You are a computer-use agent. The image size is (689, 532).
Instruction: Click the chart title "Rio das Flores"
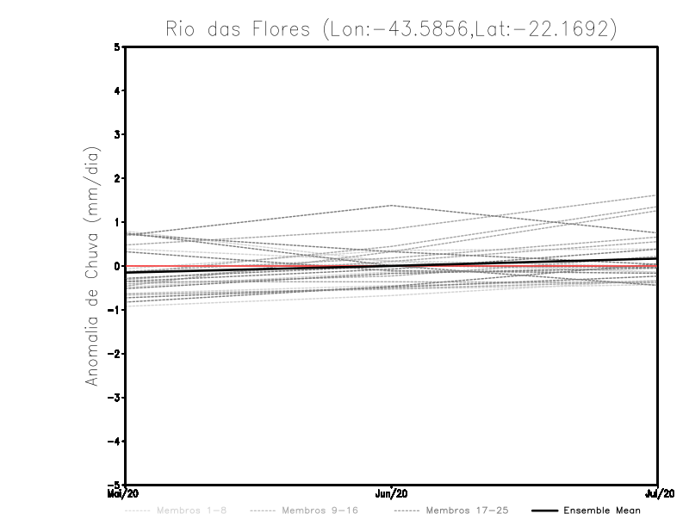coord(234,28)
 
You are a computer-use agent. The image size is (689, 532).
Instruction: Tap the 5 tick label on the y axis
coord(117,47)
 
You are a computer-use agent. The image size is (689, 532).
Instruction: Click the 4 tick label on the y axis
coord(117,90)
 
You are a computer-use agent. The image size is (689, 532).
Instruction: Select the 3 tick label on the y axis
coord(117,134)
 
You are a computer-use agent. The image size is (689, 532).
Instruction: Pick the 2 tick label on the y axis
coord(117,178)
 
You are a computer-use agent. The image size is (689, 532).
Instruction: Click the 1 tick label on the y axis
coord(117,222)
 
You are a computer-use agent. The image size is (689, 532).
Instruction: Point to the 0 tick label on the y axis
coord(117,266)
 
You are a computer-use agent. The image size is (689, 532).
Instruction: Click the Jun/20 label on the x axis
coord(392,493)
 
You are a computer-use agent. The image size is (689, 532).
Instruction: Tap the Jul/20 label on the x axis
coord(660,493)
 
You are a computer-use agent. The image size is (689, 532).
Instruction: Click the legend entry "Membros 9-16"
coord(319,510)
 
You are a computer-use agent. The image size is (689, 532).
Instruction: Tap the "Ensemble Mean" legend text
coord(602,510)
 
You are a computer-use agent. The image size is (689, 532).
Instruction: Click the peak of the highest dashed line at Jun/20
coord(392,205)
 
